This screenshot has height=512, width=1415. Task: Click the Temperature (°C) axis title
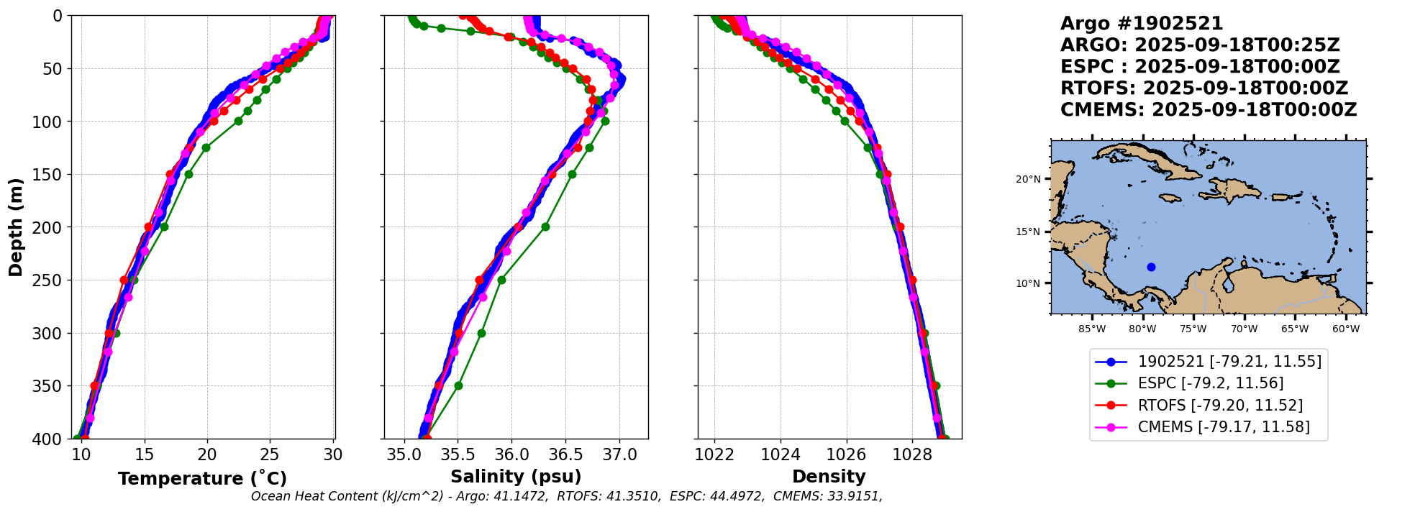tap(202, 478)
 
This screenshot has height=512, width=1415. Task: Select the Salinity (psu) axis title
tap(516, 477)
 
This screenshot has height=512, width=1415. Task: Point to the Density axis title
tap(829, 477)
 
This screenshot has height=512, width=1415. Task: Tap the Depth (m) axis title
tap(16, 227)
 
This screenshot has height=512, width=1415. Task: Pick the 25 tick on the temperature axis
tap(270, 454)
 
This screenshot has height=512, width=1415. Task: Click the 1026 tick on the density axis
tap(847, 454)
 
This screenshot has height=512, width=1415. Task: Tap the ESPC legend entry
tap(1210, 383)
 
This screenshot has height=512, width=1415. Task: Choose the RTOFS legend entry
tap(1219, 406)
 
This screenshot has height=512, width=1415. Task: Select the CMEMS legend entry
tap(1223, 427)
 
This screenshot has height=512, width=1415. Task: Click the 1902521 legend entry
tap(1229, 362)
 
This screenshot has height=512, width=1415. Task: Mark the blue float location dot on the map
tap(1151, 267)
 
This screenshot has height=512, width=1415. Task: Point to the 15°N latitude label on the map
tap(1027, 232)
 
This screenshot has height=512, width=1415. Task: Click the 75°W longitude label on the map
tap(1193, 329)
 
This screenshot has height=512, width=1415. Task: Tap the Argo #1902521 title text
tap(1142, 24)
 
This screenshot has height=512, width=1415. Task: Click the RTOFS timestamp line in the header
tap(1204, 88)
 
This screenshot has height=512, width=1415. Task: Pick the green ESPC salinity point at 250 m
tap(501, 280)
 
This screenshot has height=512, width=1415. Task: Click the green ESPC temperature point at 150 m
tap(188, 174)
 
